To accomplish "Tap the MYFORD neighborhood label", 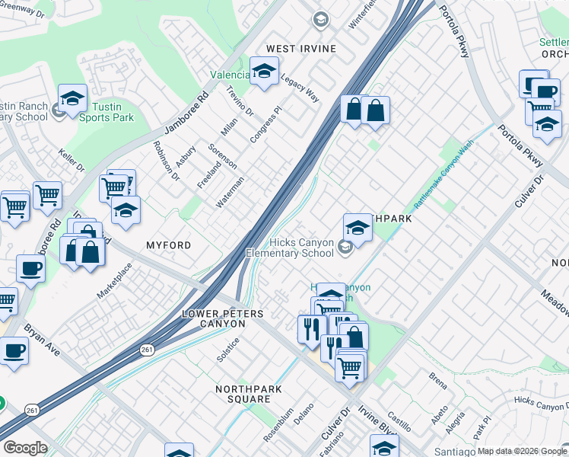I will (x=167, y=245).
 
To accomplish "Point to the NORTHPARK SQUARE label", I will (x=243, y=394).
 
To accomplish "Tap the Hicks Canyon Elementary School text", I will (x=290, y=248).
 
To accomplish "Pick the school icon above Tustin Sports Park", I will (x=72, y=98).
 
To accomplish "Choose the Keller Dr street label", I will (x=70, y=161).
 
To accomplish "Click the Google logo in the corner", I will (x=25, y=448).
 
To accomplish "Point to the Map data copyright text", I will (x=521, y=451).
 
